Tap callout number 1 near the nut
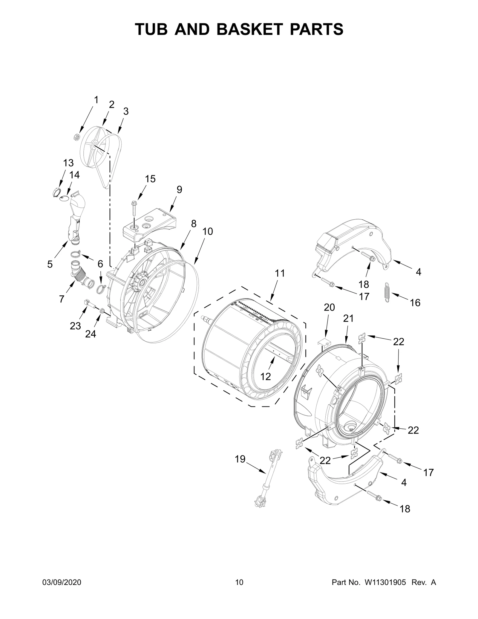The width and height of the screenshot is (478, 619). [96, 100]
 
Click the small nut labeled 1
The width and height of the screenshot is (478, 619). [76, 137]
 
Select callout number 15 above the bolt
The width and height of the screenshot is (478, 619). [150, 179]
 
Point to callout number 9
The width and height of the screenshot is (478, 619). [179, 189]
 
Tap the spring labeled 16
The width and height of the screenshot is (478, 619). [387, 292]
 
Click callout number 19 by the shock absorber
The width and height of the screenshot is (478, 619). [240, 459]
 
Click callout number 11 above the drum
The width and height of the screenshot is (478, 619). [280, 273]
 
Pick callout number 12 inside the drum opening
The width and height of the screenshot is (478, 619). [266, 377]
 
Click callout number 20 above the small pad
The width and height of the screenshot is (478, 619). [329, 307]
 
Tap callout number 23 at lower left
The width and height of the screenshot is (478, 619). [75, 326]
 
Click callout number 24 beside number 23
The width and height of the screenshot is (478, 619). [91, 334]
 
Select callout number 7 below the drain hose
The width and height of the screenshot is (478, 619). [62, 299]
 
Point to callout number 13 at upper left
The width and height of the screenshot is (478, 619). [68, 163]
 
